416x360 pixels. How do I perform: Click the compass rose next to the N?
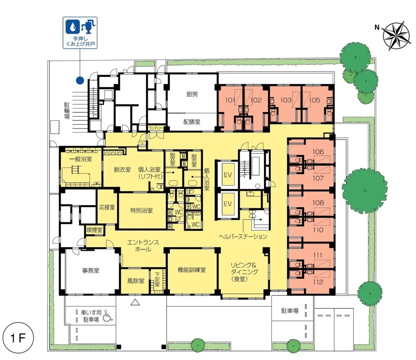pos(397,35)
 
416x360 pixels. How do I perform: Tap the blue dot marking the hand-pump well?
pos(80,80)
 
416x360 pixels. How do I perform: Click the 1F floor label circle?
pos(18,338)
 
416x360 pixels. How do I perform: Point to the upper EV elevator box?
pos(228,175)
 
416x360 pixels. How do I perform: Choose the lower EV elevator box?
pos(228,204)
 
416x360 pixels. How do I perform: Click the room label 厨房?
pos(192,94)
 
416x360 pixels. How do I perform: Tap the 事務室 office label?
pos(91,271)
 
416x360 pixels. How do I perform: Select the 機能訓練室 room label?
pos(192,270)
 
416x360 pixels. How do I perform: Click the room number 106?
pos(318,152)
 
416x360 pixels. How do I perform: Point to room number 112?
pos(318,282)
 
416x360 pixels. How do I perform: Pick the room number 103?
pos(286,100)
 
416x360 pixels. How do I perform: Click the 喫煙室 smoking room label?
pos(94,230)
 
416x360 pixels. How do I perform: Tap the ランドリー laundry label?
pos(156,128)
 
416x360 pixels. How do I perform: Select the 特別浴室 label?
pos(141,210)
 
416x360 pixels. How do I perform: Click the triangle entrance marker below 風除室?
pos(135,302)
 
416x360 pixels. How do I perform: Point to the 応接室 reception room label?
pos(107,207)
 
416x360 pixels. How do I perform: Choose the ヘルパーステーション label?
pos(243,236)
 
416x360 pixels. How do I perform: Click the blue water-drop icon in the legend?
pos(72,26)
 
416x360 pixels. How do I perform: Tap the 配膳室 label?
pos(192,122)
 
